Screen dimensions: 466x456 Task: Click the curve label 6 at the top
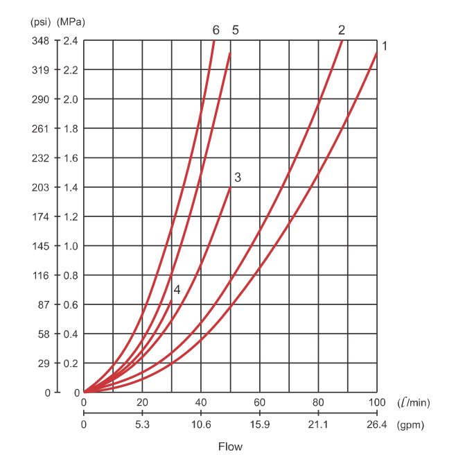click(x=216, y=30)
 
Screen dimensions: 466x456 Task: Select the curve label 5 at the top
click(x=236, y=30)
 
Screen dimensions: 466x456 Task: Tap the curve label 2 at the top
click(x=342, y=30)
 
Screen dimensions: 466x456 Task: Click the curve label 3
click(x=238, y=177)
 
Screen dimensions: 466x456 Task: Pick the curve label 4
click(x=177, y=290)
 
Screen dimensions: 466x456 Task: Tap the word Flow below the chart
click(x=230, y=447)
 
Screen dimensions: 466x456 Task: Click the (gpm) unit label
click(x=410, y=425)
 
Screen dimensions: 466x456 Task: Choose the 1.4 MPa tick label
click(x=70, y=187)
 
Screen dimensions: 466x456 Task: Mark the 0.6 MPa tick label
click(x=70, y=304)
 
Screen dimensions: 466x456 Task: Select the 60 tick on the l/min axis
click(x=260, y=404)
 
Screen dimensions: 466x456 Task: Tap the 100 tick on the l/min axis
click(x=377, y=404)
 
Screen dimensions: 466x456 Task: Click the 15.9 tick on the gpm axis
click(x=260, y=425)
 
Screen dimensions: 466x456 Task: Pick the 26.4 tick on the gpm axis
click(x=377, y=425)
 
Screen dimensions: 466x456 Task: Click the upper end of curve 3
click(x=230, y=187)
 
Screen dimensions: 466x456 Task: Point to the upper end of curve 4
click(x=171, y=300)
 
